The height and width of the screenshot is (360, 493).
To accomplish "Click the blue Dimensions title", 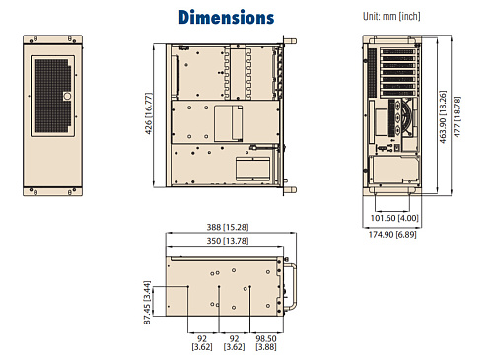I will tap(226, 17).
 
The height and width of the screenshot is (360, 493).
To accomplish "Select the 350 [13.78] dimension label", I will tap(227, 241).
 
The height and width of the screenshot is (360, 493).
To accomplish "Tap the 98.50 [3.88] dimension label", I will tap(266, 341).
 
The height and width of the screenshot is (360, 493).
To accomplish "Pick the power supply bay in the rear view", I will tap(395, 170).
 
